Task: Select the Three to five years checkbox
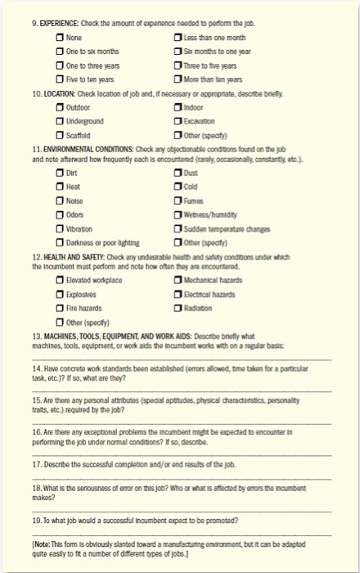click(x=178, y=66)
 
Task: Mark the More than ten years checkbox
click(x=178, y=80)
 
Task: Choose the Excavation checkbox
click(x=178, y=120)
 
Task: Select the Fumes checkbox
click(x=178, y=201)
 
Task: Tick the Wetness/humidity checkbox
click(x=178, y=214)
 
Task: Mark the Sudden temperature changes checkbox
click(x=178, y=228)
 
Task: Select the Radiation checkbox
click(x=178, y=309)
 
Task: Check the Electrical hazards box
click(x=178, y=295)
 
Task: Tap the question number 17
click(x=37, y=464)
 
